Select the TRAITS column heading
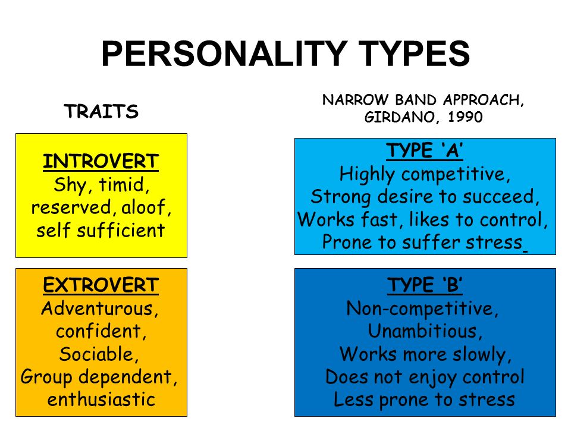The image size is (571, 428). (101, 111)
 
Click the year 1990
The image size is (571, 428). (465, 117)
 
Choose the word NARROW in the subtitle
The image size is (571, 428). (356, 100)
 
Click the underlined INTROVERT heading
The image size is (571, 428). (101, 161)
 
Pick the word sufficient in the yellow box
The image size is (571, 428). (121, 230)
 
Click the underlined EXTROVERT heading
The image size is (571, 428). (101, 285)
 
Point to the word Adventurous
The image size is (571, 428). (97, 309)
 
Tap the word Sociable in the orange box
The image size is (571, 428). (97, 354)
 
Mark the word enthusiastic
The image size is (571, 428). (101, 399)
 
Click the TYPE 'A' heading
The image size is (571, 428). (425, 150)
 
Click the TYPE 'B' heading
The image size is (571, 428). (425, 285)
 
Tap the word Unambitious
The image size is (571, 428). (422, 331)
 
